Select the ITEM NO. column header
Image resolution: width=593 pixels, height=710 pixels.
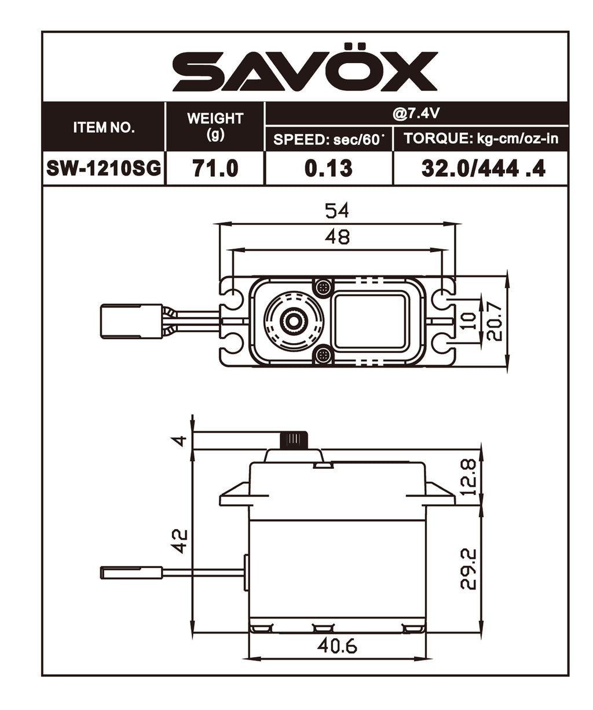coord(104,128)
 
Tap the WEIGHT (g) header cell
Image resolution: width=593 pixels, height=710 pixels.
coord(215,126)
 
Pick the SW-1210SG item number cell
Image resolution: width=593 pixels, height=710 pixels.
coord(104,168)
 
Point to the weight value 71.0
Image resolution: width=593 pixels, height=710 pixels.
coord(215,168)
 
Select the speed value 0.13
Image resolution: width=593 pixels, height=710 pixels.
coord(328,168)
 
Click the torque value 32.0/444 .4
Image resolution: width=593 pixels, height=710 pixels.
coord(483,168)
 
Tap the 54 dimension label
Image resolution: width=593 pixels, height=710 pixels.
coord(337,210)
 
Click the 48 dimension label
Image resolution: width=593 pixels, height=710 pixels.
coord(337,236)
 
